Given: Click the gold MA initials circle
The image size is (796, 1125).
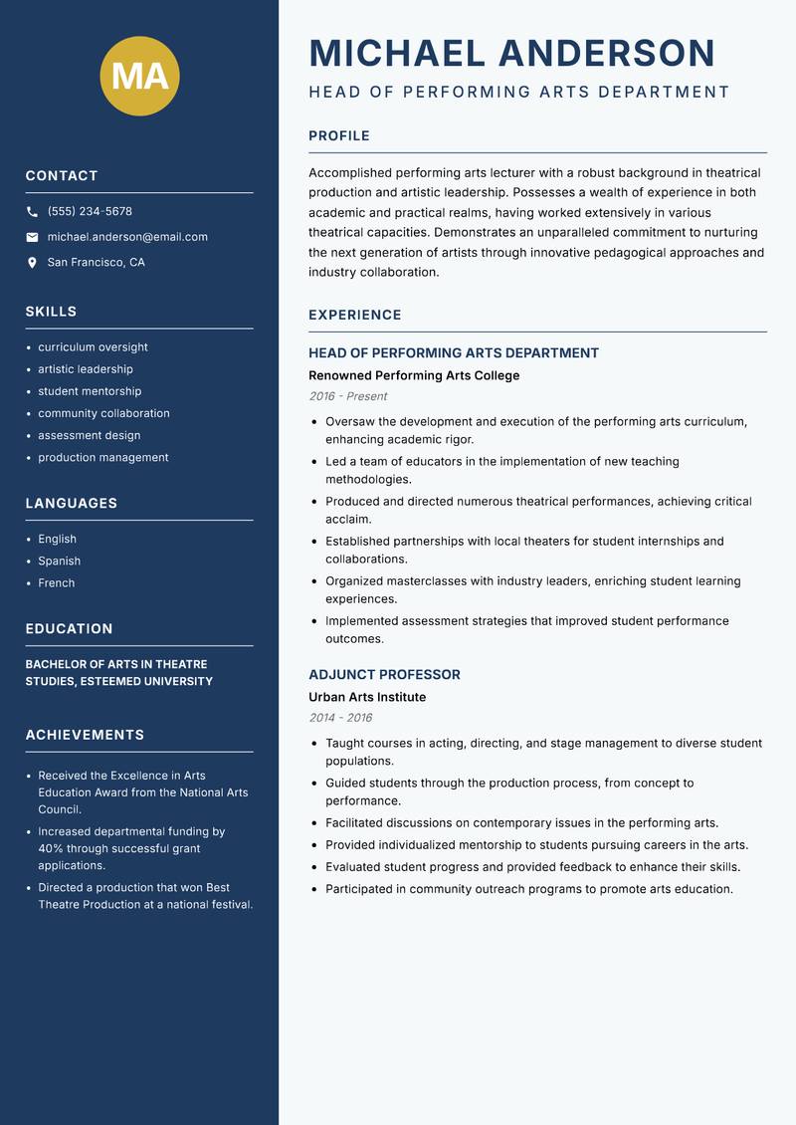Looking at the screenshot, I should click(140, 76).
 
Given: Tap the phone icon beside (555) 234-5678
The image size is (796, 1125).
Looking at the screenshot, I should click(32, 212).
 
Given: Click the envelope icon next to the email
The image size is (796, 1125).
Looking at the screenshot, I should click(32, 237).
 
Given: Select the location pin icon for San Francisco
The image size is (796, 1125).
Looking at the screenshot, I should click(32, 263).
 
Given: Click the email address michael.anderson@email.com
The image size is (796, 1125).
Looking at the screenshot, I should click(127, 237).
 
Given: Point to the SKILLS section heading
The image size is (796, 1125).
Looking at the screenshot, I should click(51, 312).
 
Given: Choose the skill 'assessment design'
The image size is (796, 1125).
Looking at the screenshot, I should click(89, 435).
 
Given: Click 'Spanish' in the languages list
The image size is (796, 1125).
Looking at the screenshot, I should click(59, 561).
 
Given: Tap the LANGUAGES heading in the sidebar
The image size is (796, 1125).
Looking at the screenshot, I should click(71, 504).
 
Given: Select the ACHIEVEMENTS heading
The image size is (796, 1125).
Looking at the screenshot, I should click(85, 735).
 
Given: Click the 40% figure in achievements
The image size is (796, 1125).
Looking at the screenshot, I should click(51, 849).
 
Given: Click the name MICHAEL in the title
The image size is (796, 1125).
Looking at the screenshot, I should click(397, 53).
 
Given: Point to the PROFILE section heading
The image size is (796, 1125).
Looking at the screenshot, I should click(338, 136).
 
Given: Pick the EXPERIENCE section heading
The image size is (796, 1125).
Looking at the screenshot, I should click(354, 315).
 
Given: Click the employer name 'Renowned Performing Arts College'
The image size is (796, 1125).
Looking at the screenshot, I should click(414, 375).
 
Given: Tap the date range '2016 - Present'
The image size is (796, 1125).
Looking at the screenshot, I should click(347, 396).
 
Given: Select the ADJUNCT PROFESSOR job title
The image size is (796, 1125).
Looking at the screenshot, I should click(384, 674).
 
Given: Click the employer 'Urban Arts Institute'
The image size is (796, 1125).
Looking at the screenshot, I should click(367, 697).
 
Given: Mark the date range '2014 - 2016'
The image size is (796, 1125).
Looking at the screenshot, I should click(339, 718).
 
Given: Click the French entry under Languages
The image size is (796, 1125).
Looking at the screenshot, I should click(56, 582).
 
